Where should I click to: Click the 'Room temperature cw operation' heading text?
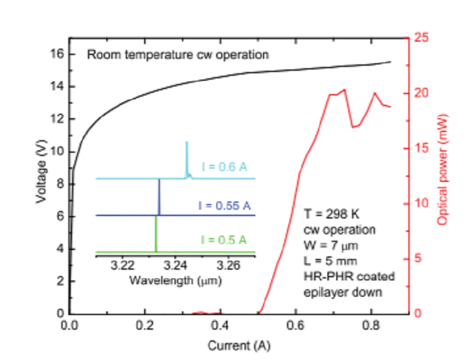click(178, 54)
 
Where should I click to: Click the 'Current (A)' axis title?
click(233, 345)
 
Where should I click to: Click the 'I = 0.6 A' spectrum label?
click(224, 167)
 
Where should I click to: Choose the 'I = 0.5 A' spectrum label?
click(223, 239)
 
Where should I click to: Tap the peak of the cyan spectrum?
click(186, 143)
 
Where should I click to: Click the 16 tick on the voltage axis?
click(58, 54)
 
